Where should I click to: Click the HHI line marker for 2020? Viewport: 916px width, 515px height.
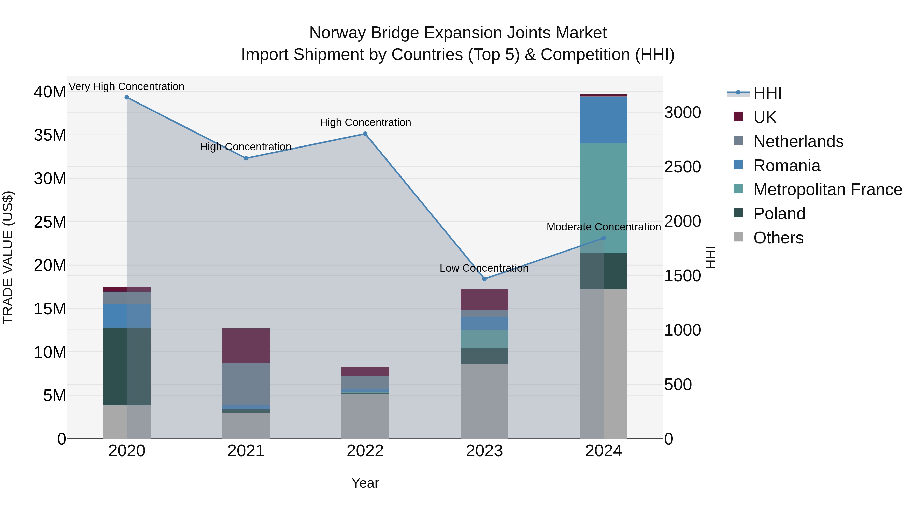pos(127,97)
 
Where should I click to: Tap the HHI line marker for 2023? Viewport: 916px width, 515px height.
pos(484,279)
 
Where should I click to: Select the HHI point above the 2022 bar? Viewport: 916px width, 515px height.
pos(365,134)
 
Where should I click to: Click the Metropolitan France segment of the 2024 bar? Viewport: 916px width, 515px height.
pos(604,198)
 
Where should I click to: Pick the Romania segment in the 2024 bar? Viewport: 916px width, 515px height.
pos(604,120)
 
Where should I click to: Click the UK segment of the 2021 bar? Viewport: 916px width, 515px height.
pos(246,345)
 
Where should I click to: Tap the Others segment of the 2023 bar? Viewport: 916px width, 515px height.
pos(484,401)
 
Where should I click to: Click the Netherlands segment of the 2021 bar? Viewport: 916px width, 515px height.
pos(246,384)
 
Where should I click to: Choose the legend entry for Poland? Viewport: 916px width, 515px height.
pos(779,214)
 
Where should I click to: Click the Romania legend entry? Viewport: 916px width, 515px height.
pos(786,166)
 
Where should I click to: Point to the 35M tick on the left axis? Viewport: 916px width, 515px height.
pos(50,135)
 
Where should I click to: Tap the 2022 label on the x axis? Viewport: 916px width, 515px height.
pos(365,451)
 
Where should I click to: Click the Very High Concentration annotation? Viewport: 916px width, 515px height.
pos(127,86)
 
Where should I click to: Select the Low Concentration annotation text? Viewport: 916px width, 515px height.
pos(484,268)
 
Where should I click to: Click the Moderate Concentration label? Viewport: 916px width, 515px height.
pos(604,227)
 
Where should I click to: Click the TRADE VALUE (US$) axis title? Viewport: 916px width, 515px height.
pos(8,257)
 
